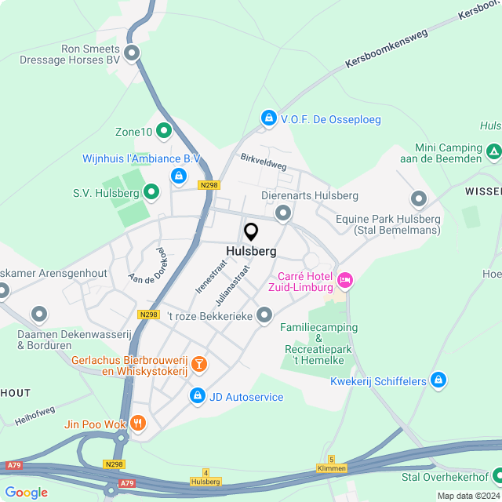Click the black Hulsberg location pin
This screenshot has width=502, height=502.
coord(251,232)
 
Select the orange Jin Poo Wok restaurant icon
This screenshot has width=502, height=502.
coord(139,424)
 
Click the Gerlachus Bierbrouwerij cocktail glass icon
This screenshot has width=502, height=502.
coord(199,364)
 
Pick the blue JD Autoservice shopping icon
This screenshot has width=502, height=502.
coord(196,397)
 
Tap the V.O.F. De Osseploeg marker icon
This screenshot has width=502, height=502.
coord(269,118)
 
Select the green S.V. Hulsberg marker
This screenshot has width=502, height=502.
coord(151,191)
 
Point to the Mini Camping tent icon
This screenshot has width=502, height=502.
coord(493,151)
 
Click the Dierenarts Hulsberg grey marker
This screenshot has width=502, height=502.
coord(282,213)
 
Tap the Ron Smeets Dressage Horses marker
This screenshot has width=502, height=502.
coord(132,53)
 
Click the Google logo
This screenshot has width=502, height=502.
coord(26,493)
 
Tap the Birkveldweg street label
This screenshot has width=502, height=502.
coord(264,162)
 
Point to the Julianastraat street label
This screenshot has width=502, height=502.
coord(232,285)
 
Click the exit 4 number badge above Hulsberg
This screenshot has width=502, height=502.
coord(206,473)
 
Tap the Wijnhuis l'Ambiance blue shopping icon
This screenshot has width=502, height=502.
coord(180,175)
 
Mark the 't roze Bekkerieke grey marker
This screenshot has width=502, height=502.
coord(265,315)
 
